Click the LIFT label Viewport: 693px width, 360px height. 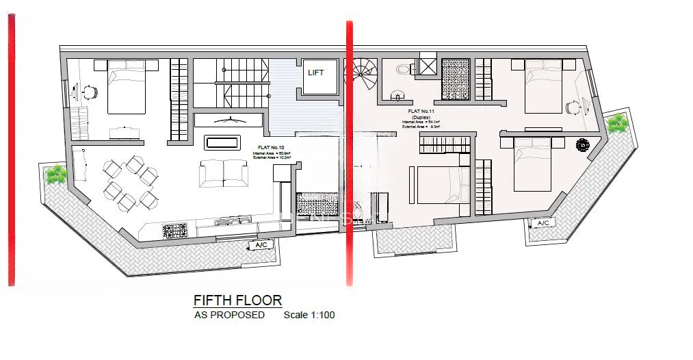(x=316, y=73)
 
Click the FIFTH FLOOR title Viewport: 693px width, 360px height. (x=237, y=300)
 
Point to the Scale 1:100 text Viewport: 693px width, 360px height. (x=309, y=316)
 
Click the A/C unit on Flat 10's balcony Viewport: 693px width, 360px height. (x=261, y=245)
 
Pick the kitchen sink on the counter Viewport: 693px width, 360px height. (x=229, y=221)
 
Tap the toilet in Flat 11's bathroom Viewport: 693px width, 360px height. (x=402, y=69)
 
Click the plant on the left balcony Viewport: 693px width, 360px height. (x=55, y=175)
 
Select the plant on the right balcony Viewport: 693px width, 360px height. (x=618, y=123)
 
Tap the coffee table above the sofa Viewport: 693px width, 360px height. (x=222, y=142)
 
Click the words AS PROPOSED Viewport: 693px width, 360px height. (x=229, y=316)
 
